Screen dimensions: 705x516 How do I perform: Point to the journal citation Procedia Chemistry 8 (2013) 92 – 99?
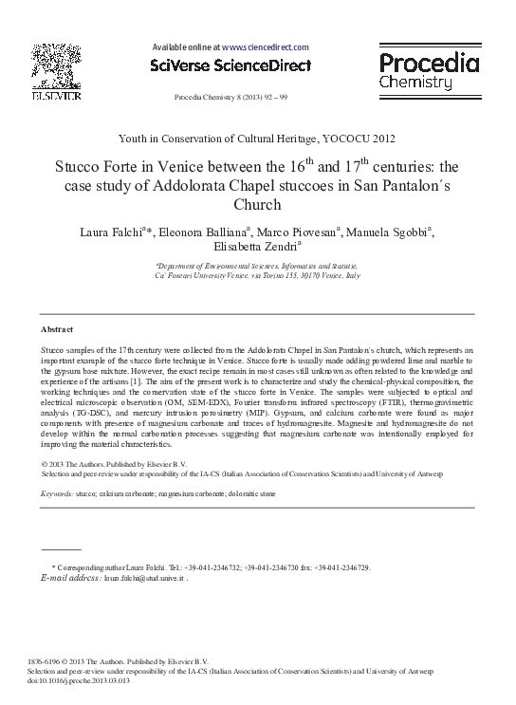[230, 98]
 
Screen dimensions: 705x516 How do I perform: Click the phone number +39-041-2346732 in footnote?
[212, 567]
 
